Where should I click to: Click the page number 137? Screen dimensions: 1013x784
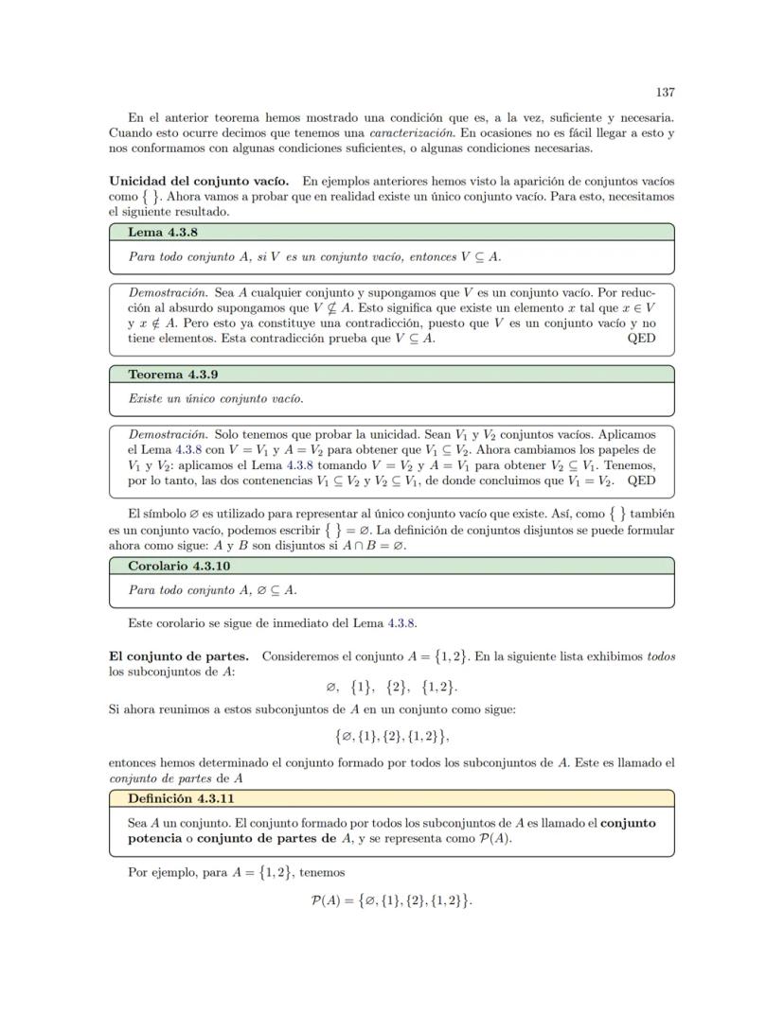(665, 92)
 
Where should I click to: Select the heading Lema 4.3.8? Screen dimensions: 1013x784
(163, 232)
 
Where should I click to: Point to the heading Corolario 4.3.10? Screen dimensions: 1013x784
(179, 566)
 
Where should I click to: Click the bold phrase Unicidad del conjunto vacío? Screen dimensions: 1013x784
(200, 180)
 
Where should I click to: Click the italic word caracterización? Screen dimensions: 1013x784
(419, 133)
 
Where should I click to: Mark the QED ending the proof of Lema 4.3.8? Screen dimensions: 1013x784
(641, 338)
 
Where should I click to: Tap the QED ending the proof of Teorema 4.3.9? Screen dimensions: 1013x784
(641, 480)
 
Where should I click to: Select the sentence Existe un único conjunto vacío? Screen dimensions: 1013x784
(216, 398)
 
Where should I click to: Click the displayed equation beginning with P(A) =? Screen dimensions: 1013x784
(391, 900)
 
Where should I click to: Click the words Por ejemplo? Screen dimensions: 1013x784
(158, 872)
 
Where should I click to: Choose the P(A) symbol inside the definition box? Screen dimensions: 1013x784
(496, 838)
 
